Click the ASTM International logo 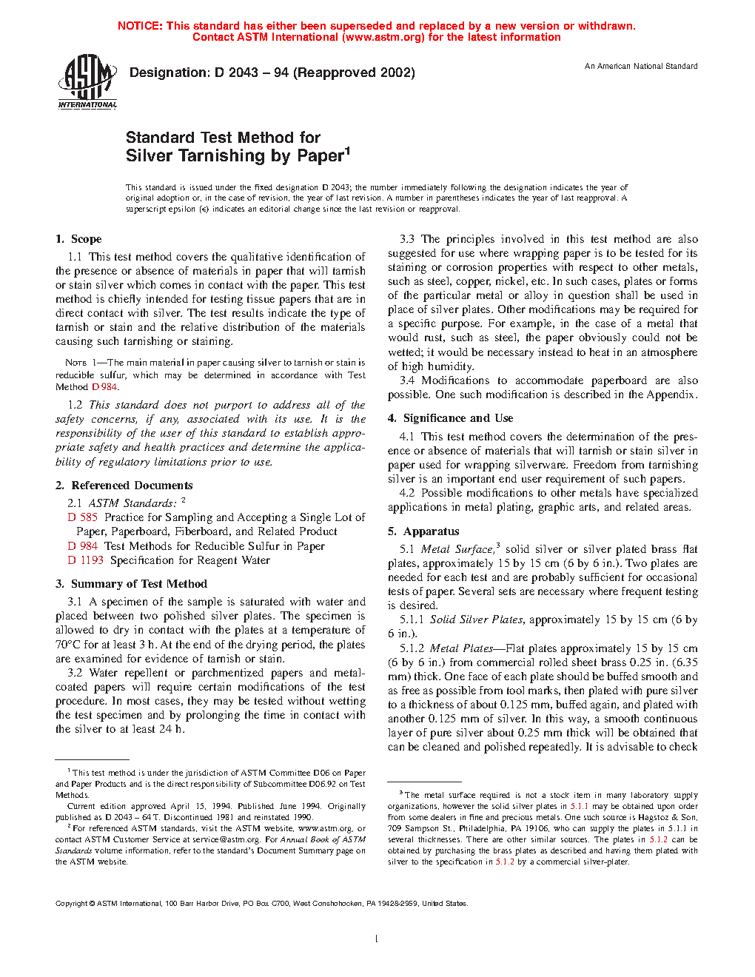coord(87,81)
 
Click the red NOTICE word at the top coord(140,26)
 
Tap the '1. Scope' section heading coord(78,239)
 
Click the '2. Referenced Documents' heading coord(124,486)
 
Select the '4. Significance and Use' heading coord(450,418)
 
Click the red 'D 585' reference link coord(83,517)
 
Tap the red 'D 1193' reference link coord(86,560)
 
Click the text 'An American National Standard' coord(641,67)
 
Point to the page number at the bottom coord(377,939)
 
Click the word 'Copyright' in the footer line coord(72,904)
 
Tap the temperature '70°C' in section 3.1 coord(67,645)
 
